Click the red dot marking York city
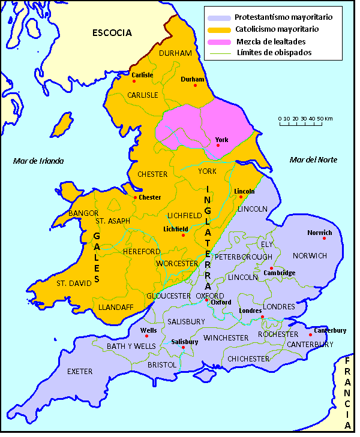coord(218,145)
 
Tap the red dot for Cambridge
coord(271,268)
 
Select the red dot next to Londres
coord(262,317)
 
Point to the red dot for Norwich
coord(324,238)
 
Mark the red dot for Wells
coord(146,336)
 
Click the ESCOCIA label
coord(112,33)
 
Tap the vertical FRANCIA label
coord(347,393)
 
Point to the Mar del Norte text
coord(313,159)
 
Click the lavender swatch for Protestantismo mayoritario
coord(218,17)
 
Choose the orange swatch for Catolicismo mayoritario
coord(218,29)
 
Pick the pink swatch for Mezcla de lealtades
coord(218,41)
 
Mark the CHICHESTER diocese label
coord(248,358)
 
